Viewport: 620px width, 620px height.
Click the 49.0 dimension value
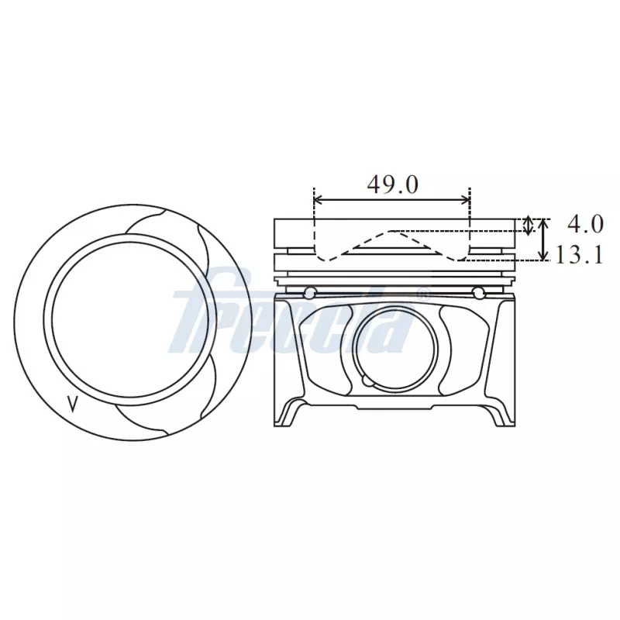click(391, 184)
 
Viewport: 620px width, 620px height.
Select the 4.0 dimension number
click(585, 225)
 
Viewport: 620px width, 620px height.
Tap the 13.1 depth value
click(579, 255)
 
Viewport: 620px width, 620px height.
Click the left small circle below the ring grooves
click(310, 292)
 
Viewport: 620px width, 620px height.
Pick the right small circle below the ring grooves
click(479, 292)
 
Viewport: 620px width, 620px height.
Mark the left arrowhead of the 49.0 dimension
click(318, 200)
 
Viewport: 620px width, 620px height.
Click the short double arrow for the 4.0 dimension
click(529, 226)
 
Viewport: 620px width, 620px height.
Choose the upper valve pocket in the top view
click(166, 225)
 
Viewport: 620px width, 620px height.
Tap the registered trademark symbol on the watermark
click(423, 294)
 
